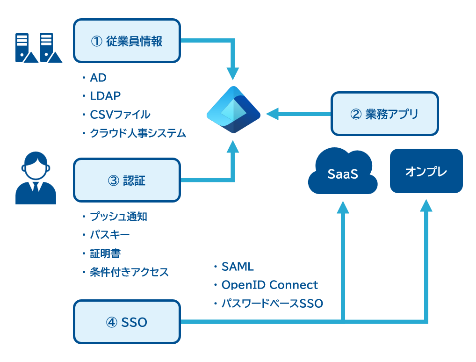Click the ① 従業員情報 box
(127, 41)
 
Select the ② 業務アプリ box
(385, 114)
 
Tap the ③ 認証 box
(127, 180)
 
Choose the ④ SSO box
(127, 322)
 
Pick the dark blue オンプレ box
(426, 171)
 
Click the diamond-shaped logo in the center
(233, 109)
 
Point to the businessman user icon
(36, 178)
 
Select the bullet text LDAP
(105, 96)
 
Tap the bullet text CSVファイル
(120, 115)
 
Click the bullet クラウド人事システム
(138, 133)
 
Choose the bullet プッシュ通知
(118, 217)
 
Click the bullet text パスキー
(109, 235)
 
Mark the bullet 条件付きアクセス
(129, 272)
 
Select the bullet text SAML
(238, 267)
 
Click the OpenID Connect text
(270, 285)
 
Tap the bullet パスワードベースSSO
(272, 304)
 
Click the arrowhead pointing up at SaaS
(343, 207)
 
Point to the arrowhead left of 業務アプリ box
(272, 114)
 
